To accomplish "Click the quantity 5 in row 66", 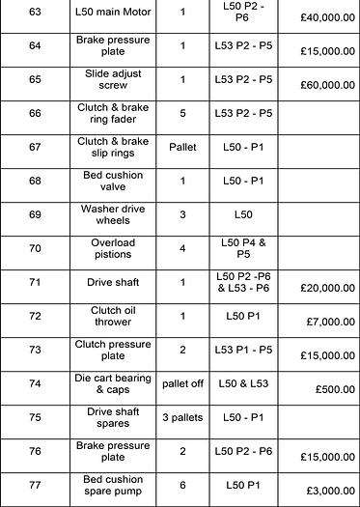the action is [182, 113].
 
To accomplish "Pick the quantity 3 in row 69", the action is [182, 213].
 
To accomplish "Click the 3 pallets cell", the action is [182, 417].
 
